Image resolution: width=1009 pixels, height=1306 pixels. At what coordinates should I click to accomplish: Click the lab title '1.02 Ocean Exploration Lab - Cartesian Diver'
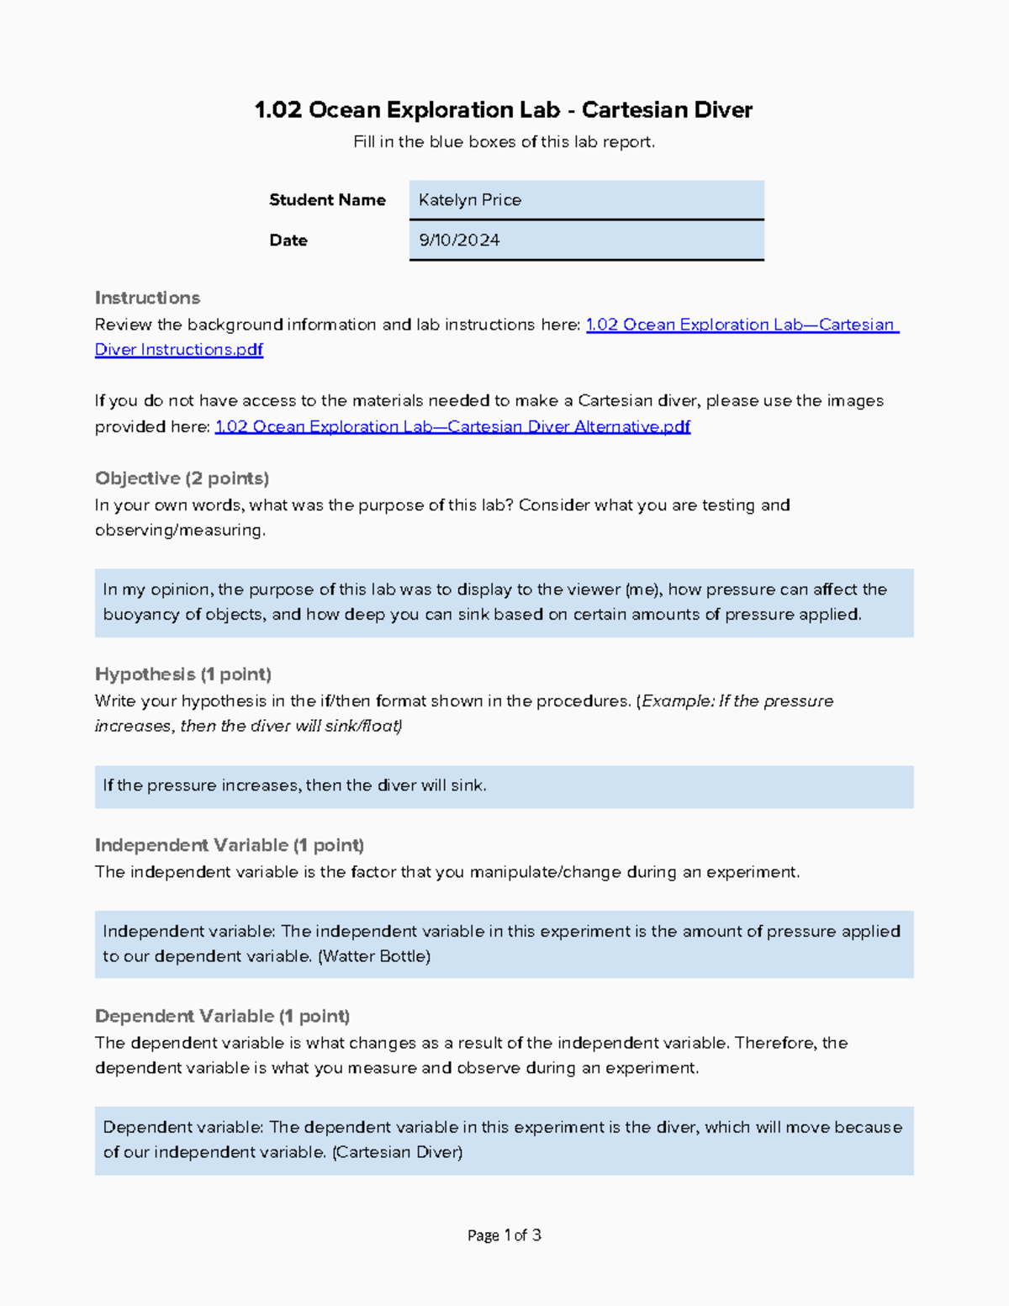[503, 110]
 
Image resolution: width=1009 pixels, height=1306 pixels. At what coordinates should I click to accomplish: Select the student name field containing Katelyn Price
[586, 200]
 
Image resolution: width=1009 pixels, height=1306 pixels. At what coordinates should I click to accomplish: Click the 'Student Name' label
[327, 200]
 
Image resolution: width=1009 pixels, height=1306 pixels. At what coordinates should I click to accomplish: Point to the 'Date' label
[288, 241]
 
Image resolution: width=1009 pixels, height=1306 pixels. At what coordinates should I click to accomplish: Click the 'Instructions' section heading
[147, 298]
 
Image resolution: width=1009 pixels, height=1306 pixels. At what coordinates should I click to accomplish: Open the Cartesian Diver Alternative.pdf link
[452, 426]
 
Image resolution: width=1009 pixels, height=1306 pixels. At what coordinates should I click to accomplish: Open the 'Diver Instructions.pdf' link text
[179, 350]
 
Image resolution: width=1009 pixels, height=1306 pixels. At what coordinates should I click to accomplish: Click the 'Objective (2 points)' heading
[182, 479]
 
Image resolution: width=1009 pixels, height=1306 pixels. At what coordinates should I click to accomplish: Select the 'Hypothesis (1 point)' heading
[182, 674]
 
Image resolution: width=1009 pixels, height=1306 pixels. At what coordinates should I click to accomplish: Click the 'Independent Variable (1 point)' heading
[229, 845]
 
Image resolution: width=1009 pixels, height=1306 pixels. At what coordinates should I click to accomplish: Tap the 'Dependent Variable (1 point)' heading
[222, 1016]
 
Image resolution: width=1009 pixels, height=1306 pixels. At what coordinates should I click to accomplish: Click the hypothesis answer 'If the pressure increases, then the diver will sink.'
[294, 785]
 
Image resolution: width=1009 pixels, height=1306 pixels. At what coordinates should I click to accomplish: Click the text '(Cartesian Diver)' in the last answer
[398, 1152]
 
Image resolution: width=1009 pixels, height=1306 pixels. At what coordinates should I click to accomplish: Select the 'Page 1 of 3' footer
[504, 1235]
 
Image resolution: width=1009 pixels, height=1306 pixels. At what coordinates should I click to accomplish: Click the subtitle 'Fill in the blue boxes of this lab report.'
[504, 142]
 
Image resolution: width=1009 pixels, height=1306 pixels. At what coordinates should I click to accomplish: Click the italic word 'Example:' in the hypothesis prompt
[679, 701]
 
